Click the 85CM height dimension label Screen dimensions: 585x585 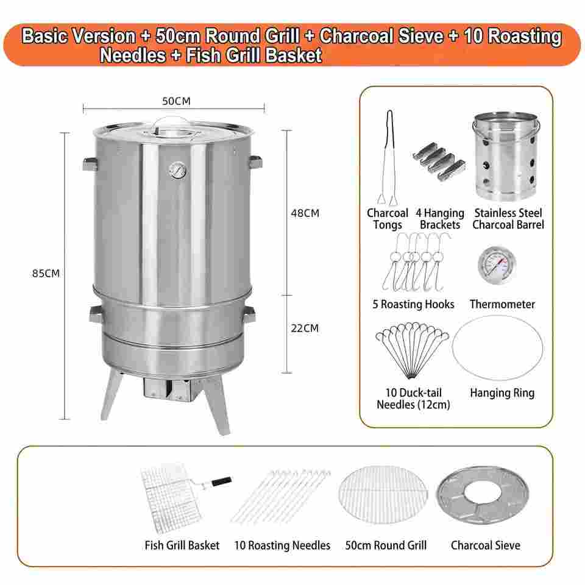[x=46, y=274]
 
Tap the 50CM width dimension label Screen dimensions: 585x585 [x=176, y=101]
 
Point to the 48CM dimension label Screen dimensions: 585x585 [x=305, y=213]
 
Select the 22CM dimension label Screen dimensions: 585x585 [x=305, y=328]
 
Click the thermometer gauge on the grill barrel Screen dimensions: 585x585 [x=177, y=171]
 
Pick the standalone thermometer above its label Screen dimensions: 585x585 [x=497, y=264]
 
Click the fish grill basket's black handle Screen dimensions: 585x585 [x=221, y=481]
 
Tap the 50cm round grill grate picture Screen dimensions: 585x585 [x=383, y=494]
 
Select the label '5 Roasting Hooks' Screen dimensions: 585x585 [x=413, y=305]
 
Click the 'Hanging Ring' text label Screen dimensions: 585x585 [x=502, y=393]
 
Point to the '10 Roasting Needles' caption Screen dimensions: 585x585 [x=282, y=545]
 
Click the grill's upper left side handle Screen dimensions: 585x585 [x=90, y=164]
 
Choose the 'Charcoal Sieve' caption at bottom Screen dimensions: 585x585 [x=486, y=545]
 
